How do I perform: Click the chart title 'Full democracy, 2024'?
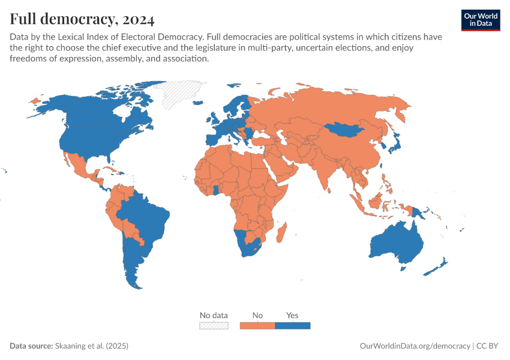click(x=82, y=20)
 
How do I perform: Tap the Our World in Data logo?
click(x=480, y=19)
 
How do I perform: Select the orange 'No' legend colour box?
click(x=257, y=325)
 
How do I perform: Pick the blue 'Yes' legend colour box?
click(x=292, y=325)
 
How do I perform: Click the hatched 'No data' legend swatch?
click(x=214, y=325)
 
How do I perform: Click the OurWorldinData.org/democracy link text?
click(x=415, y=346)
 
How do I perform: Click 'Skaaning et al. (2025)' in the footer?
click(x=92, y=346)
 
